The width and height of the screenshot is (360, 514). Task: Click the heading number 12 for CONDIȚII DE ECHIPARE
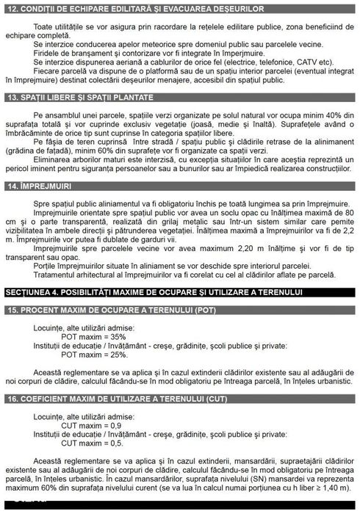(10, 8)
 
